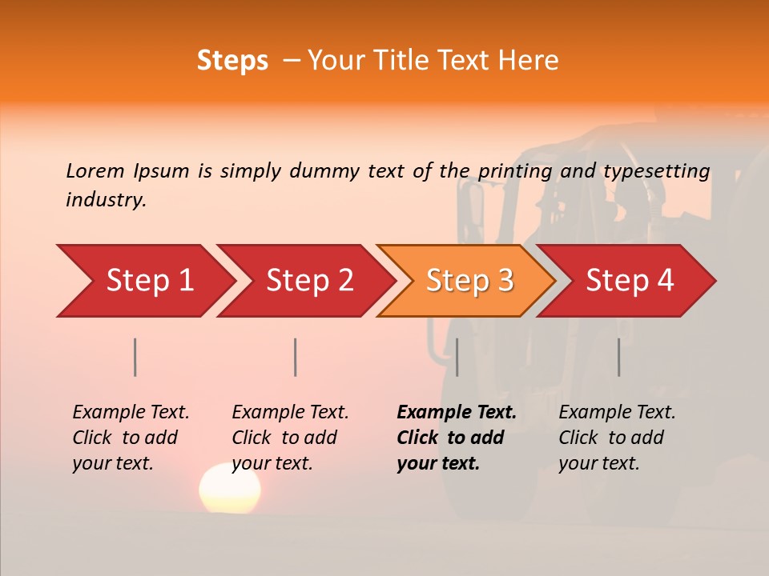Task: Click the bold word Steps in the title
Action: pos(232,61)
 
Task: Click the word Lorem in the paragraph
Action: pos(95,170)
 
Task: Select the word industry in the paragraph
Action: pos(105,199)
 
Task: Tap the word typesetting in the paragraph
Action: pos(656,170)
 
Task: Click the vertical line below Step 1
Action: pos(135,357)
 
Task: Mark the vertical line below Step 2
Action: pos(296,357)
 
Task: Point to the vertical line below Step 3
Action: pos(457,357)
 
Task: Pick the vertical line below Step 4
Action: pos(618,357)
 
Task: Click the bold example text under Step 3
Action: pos(456,438)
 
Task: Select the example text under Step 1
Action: pos(130,438)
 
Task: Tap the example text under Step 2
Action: pos(289,438)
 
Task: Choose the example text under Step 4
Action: pos(616,438)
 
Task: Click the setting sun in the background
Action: pos(230,488)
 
